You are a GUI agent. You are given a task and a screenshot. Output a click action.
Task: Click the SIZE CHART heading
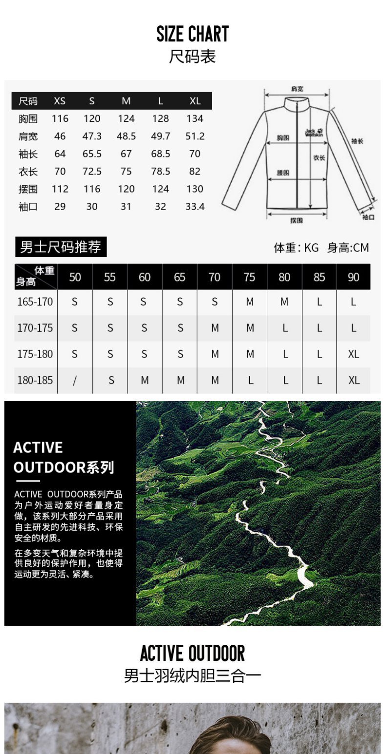coord(193,34)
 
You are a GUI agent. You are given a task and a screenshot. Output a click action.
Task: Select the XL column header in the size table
coord(195,101)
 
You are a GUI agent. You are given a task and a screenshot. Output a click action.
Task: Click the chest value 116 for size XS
coord(60,119)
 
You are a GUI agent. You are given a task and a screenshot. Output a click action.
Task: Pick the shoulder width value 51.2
coord(195,136)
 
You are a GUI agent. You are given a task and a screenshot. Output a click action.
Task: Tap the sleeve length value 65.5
coord(92,154)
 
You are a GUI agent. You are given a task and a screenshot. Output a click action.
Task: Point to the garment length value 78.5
coord(160,172)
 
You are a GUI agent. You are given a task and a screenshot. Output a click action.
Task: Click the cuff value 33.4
coord(195,207)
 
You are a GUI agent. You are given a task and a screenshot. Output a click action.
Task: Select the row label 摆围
coord(28,189)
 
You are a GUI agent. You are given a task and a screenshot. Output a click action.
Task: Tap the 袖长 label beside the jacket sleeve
coord(357,141)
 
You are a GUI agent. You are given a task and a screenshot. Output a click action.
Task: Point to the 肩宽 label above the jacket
coord(297,89)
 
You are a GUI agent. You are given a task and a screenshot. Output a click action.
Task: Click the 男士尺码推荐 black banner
coord(61,247)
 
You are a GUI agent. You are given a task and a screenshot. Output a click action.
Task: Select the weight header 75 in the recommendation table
coord(249,277)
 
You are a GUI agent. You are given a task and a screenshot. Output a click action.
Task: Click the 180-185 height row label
coord(35,380)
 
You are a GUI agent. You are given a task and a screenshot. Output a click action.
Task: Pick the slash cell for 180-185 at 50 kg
coord(75,380)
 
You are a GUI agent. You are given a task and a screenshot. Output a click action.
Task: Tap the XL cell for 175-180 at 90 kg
coord(353,354)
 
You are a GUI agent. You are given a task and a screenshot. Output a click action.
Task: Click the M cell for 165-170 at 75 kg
coord(250,302)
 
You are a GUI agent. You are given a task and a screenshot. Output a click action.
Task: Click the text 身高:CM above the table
coord(348,248)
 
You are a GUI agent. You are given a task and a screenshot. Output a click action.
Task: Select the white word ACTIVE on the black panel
coord(38,447)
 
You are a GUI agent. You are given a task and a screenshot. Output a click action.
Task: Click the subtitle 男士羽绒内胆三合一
coord(193,676)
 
